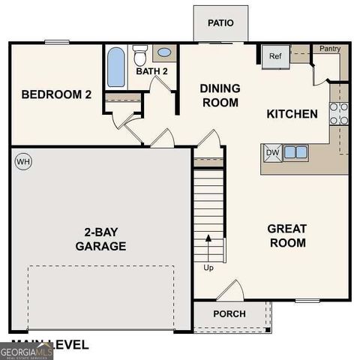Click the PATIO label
click(x=220, y=22)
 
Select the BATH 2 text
click(x=152, y=72)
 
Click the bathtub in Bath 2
click(x=115, y=68)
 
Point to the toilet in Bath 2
click(x=139, y=55)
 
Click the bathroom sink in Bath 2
click(x=163, y=53)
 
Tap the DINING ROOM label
click(x=220, y=95)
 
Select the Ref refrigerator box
click(x=274, y=56)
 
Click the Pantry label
click(x=330, y=49)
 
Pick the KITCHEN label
click(x=292, y=115)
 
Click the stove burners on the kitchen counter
click(x=339, y=113)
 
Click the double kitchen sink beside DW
click(x=295, y=152)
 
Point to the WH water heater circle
click(x=23, y=161)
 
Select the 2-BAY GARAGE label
click(x=100, y=238)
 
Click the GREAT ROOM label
click(x=287, y=235)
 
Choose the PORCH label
click(x=229, y=313)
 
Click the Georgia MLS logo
click(x=26, y=351)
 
